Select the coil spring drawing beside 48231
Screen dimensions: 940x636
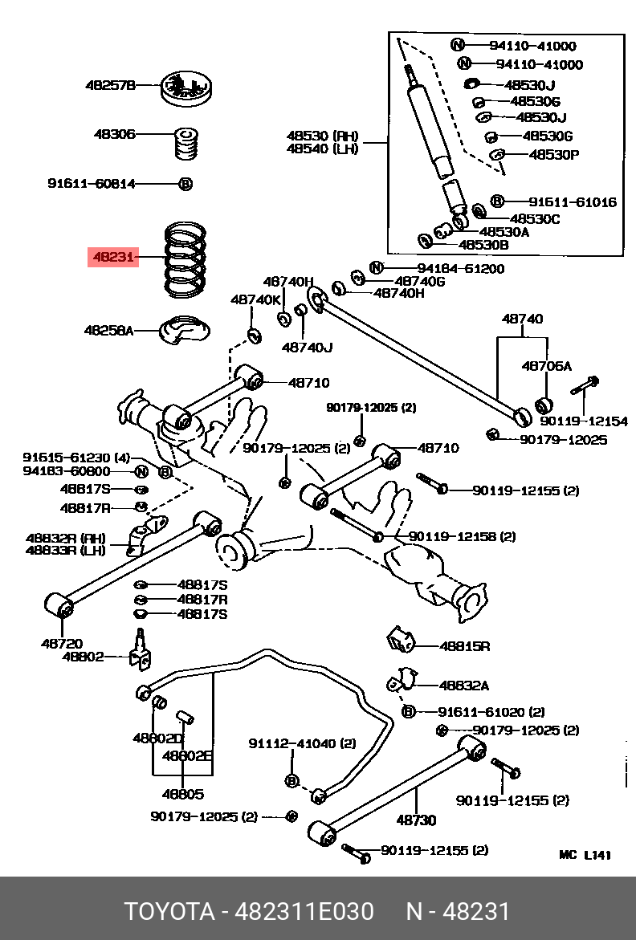186,258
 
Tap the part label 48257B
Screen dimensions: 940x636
111,84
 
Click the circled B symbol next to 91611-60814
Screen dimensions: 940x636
185,184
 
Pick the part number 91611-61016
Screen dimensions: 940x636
572,201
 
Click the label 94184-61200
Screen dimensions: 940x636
460,268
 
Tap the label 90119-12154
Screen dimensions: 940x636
583,421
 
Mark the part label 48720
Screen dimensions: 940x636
61,642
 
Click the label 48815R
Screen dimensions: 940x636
464,645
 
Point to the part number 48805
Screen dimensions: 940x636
182,794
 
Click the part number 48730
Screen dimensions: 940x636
415,820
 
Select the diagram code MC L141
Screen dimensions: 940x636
585,855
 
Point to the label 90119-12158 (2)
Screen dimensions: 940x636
462,536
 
